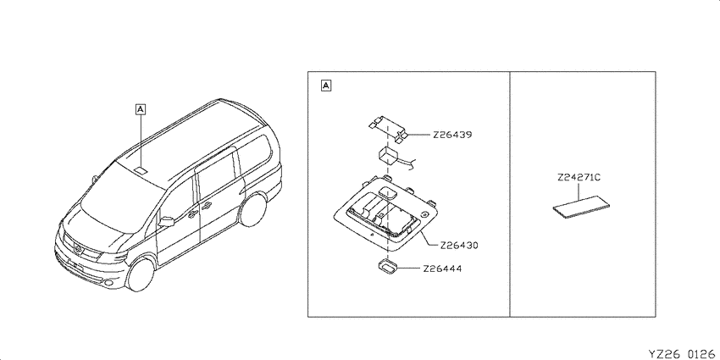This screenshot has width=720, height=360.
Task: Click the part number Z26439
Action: [452, 136]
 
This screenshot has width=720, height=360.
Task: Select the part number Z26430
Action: [459, 246]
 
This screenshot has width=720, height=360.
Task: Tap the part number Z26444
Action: [442, 269]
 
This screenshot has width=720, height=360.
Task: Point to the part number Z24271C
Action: [579, 178]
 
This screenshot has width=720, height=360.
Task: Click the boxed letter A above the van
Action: [141, 109]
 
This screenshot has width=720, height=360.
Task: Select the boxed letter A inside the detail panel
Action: [325, 86]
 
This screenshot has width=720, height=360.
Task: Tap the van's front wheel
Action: [141, 274]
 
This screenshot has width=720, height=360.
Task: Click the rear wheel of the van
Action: [252, 210]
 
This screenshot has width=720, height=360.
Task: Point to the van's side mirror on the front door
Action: [166, 222]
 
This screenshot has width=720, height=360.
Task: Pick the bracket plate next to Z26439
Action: [389, 129]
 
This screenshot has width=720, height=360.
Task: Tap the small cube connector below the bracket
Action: [388, 155]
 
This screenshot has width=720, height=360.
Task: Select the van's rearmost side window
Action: [256, 153]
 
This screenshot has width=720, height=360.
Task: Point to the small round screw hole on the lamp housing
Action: [425, 214]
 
